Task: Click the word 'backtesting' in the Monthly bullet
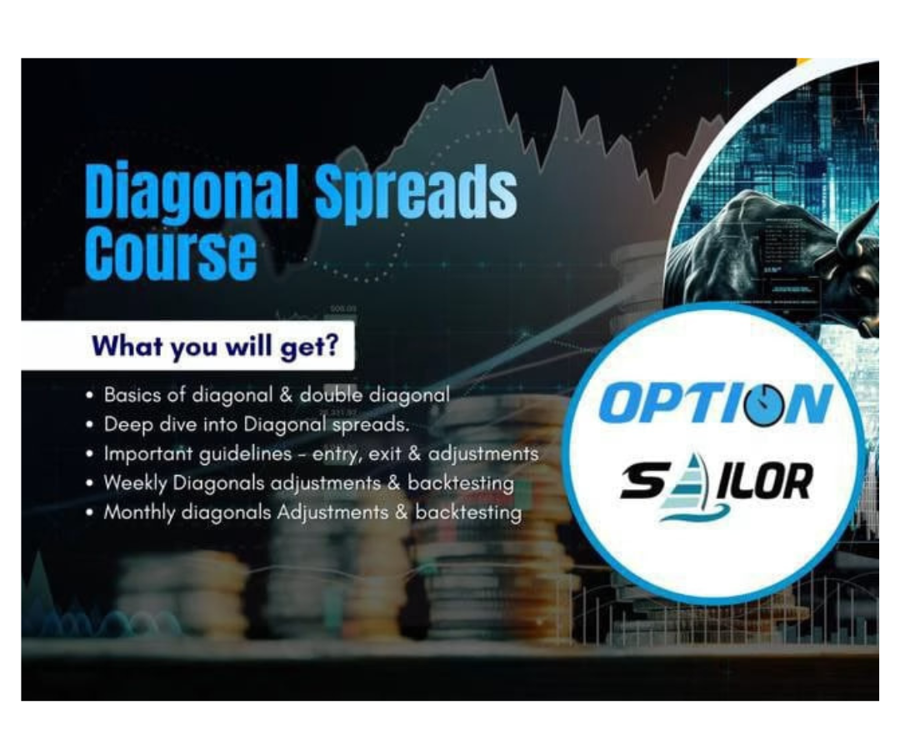coord(468,512)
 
